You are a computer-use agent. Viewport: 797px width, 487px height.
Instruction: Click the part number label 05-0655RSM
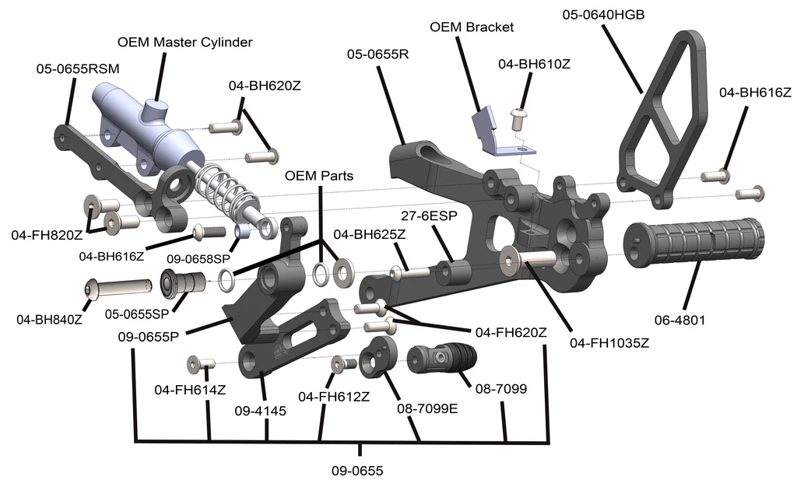coord(78,69)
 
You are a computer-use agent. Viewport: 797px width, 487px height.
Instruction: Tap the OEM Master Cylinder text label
coord(184,42)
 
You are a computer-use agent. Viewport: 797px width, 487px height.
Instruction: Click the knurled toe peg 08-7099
coord(441,359)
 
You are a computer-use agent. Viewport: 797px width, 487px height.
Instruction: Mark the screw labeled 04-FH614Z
coord(201,363)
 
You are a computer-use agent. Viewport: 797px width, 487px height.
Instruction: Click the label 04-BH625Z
coord(367,234)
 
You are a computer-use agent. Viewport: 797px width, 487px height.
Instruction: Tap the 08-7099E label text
coord(427,408)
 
